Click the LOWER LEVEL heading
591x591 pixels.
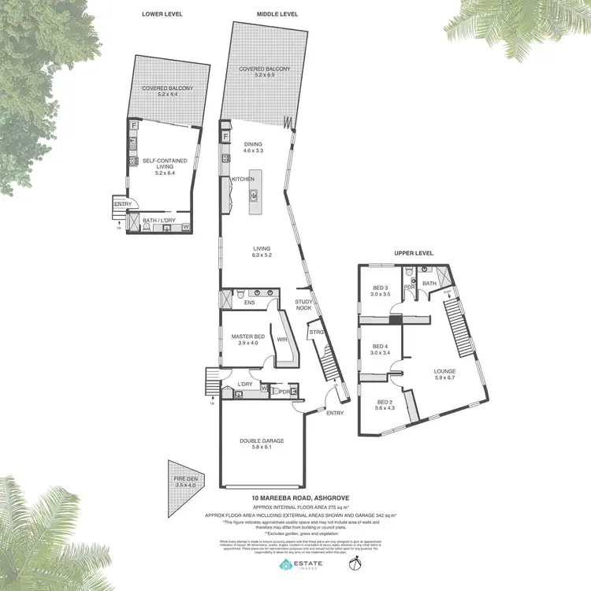162,14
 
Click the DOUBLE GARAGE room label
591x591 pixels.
261,441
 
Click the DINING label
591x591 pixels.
253,145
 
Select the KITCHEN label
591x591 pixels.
243,180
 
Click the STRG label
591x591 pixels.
316,333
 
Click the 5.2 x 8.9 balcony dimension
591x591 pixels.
265,73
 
